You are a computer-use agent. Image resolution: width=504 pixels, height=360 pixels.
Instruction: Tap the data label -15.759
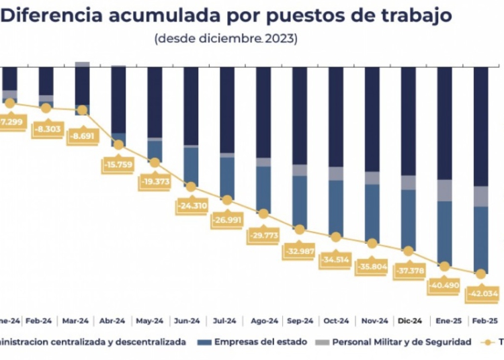pyautogui.click(x=118, y=163)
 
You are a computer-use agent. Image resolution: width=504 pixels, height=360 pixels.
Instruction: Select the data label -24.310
pyautogui.click(x=191, y=206)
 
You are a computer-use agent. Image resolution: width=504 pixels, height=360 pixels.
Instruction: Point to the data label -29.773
pyautogui.click(x=263, y=235)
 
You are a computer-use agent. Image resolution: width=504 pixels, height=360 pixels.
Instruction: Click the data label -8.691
pyautogui.click(x=82, y=134)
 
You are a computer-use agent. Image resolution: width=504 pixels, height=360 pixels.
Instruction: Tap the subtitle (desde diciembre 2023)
pyautogui.click(x=226, y=38)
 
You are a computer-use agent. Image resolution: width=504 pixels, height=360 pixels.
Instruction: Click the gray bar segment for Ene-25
pyautogui.click(x=444, y=190)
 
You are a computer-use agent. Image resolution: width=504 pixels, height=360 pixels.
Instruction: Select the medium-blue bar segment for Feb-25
pyautogui.click(x=480, y=238)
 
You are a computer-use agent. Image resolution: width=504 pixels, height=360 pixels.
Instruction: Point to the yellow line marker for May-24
pyautogui.click(x=155, y=162)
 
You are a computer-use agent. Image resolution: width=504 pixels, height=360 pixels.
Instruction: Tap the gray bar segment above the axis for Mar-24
pyautogui.click(x=82, y=64)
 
